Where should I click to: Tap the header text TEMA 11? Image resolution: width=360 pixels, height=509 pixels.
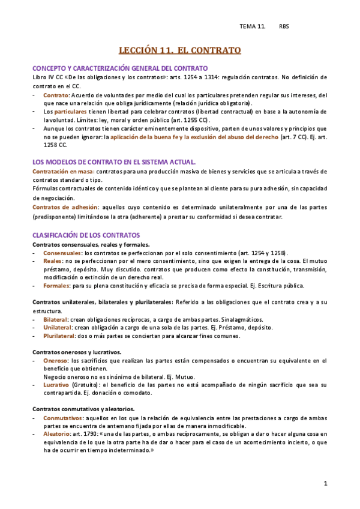[252, 26]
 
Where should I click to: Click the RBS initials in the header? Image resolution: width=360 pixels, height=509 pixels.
[284, 26]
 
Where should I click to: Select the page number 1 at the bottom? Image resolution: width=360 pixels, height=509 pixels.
[325, 483]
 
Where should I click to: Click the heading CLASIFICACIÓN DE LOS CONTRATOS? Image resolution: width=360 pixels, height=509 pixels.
[86, 235]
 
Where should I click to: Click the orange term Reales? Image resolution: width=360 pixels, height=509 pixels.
[53, 261]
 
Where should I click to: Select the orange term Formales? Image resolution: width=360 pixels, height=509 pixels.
[56, 286]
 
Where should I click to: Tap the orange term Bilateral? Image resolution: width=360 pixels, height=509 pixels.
[55, 319]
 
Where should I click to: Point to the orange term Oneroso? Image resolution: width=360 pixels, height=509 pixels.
[55, 361]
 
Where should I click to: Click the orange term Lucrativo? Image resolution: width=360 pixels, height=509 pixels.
[56, 384]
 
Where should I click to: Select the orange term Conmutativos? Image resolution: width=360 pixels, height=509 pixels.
[63, 417]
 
